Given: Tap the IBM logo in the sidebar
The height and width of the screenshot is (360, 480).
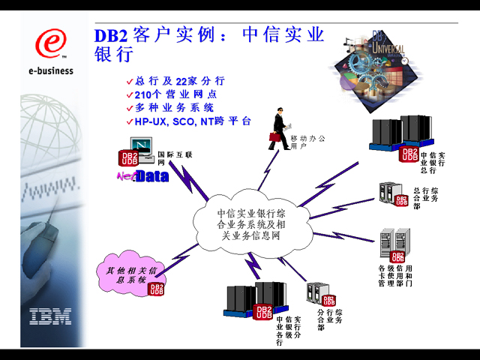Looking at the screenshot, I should (51, 315).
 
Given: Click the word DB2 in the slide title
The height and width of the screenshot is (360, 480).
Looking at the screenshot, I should (110, 36).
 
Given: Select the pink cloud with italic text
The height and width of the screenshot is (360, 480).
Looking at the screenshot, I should (129, 274).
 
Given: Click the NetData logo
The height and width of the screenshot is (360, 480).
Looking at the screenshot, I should (142, 176).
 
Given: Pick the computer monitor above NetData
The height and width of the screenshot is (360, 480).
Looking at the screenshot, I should (140, 145).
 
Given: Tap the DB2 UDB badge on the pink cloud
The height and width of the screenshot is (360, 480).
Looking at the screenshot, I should (156, 289).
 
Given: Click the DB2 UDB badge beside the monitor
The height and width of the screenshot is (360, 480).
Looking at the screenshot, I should (129, 157).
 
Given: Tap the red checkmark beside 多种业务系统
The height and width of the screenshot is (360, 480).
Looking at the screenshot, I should (129, 108).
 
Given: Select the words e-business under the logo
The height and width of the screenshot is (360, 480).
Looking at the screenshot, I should (51, 71).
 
